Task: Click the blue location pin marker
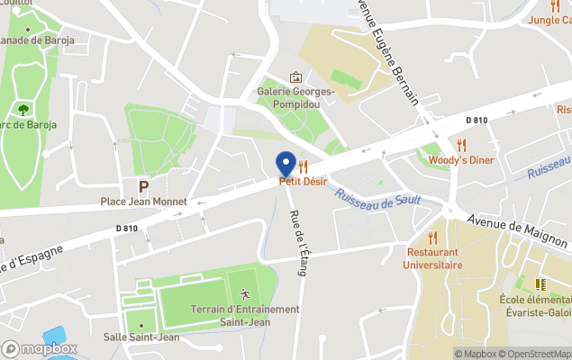click(x=286, y=164)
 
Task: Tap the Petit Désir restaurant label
click(x=303, y=181)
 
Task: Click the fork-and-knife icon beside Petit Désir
click(x=303, y=166)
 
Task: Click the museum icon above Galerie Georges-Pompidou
click(x=295, y=77)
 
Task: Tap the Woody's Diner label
click(x=461, y=160)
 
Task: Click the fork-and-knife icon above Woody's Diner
click(x=462, y=145)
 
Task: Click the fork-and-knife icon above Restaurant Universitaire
click(x=433, y=238)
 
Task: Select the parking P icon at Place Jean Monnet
click(x=143, y=186)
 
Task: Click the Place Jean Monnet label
click(x=143, y=202)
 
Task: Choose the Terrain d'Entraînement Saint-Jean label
click(x=245, y=315)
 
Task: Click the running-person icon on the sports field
click(x=245, y=294)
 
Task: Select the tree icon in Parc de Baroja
click(x=22, y=109)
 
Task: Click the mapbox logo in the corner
click(x=39, y=349)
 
